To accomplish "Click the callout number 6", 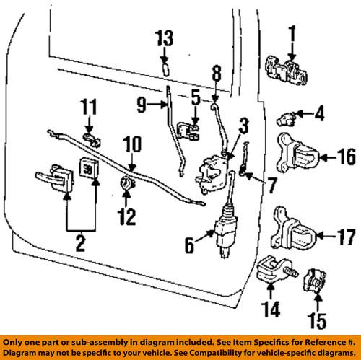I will [188, 245].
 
